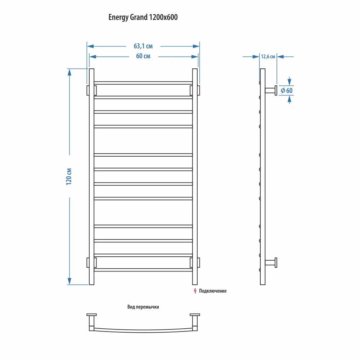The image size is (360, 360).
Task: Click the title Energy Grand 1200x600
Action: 143,17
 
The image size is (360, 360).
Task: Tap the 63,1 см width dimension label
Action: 143,46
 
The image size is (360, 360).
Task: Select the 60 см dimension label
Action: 143,57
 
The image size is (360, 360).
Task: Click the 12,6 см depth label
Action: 268,57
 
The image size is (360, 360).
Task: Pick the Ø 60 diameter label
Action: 287,90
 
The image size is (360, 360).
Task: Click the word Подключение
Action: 213,291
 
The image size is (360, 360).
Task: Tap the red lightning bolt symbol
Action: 195,291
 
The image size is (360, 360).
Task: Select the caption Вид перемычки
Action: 143,307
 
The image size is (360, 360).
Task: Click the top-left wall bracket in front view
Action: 88,90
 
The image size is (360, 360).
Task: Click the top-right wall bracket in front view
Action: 198,90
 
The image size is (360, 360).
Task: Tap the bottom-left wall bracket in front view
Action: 88,262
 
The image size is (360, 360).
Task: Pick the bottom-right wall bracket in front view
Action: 198,262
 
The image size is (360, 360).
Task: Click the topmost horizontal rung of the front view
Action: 143,83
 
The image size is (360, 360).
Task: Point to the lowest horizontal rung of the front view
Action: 143,270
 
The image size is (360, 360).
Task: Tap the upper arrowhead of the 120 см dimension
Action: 69,72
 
